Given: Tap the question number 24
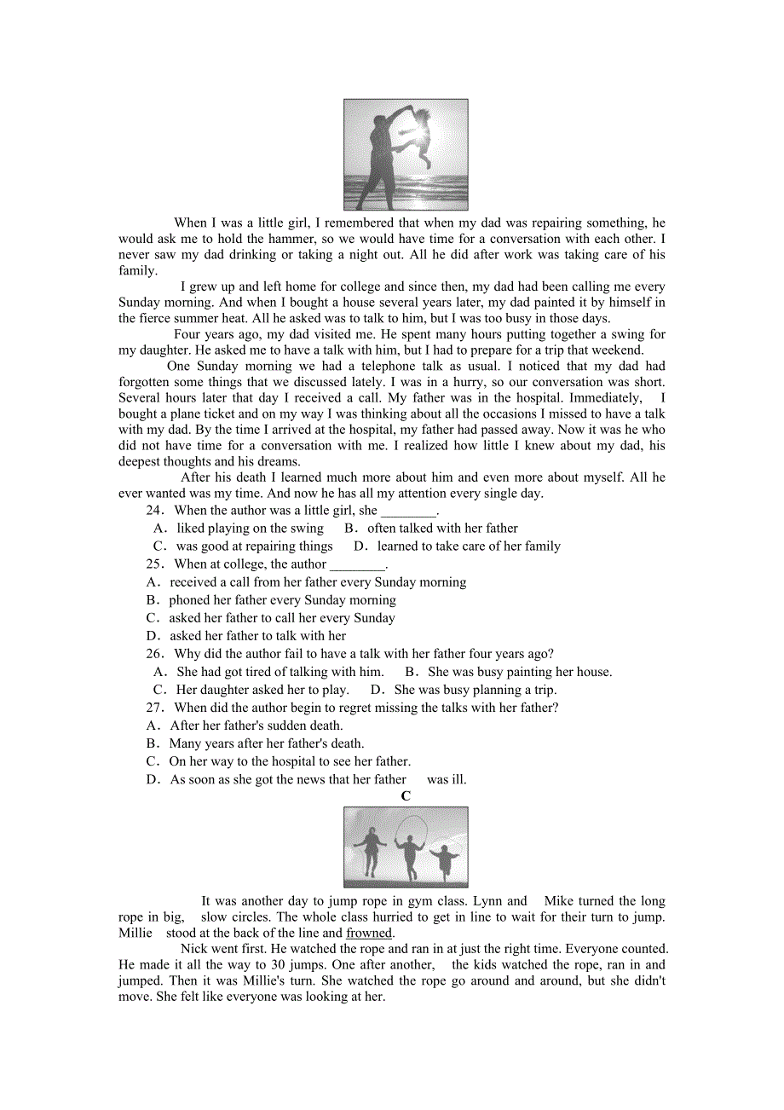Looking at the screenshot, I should tap(154, 510).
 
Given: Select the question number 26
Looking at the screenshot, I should tap(154, 654).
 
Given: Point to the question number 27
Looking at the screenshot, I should tap(154, 708).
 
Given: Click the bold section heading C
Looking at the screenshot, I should tap(406, 796).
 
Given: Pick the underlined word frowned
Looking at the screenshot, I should tap(369, 933).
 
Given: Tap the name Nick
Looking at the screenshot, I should tap(193, 949).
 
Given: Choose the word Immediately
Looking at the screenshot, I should tap(605, 398).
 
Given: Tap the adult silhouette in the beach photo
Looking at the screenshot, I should tap(379, 158).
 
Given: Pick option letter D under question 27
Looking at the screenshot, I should tap(153, 779).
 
